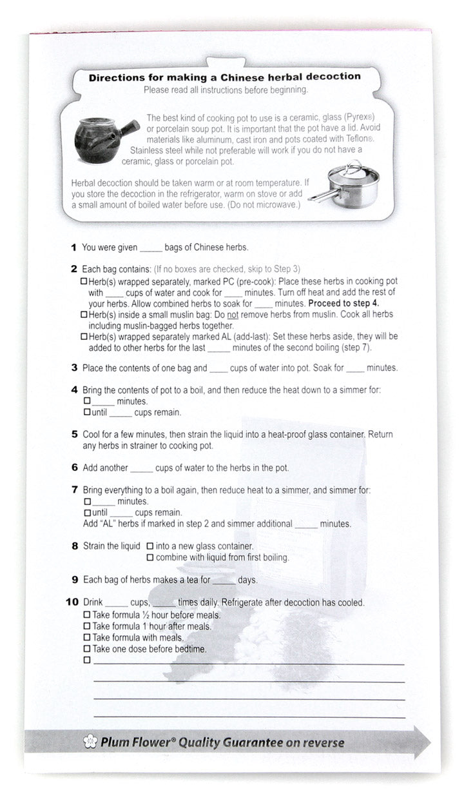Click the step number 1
[74, 248]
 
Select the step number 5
[75, 434]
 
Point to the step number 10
[72, 602]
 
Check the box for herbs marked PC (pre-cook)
[84, 282]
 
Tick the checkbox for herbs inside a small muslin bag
[84, 314]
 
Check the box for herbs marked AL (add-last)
[84, 337]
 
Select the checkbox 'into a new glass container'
[150, 546]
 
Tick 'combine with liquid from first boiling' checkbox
[150, 557]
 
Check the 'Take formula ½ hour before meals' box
[87, 615]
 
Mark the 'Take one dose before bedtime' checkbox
[87, 649]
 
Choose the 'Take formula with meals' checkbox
[87, 638]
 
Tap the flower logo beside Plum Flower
[91, 742]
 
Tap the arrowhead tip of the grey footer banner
[430, 742]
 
